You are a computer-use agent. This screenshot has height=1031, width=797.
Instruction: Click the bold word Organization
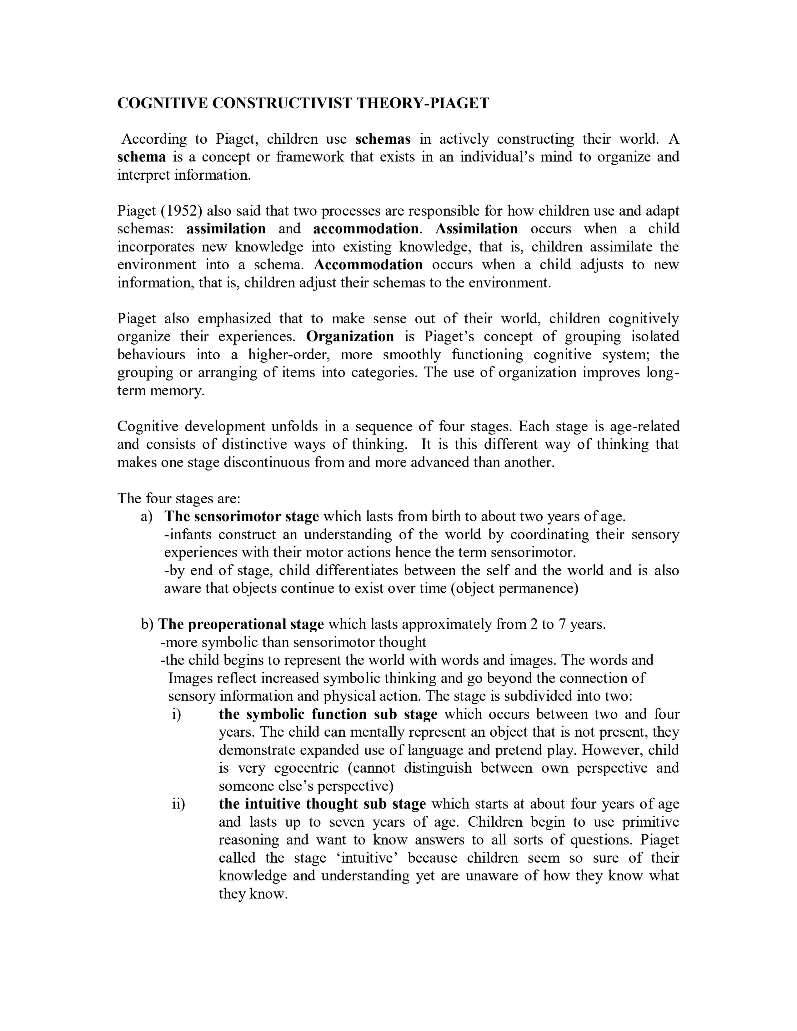[x=350, y=336]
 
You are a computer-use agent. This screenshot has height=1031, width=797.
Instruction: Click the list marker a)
[x=147, y=516]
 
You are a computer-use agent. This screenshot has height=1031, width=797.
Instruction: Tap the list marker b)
[x=147, y=625]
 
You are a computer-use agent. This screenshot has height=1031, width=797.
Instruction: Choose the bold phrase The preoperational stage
[x=241, y=625]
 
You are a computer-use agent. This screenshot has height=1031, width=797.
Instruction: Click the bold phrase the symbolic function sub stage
[x=328, y=714]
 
